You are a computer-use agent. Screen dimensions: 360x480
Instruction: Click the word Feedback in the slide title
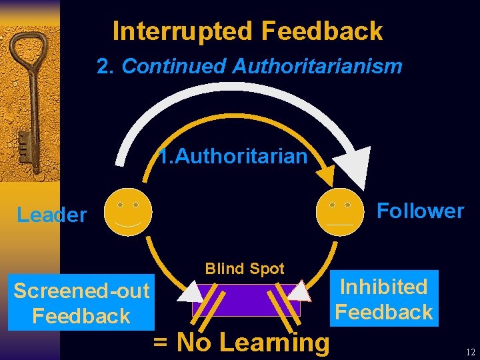coord(322,31)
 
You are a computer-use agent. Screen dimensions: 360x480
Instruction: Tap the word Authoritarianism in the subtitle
coord(317,66)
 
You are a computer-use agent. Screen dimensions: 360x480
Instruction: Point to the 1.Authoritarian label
coord(233,156)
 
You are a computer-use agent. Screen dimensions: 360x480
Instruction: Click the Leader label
coord(52,215)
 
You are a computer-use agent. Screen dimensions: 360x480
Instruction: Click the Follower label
coord(420,211)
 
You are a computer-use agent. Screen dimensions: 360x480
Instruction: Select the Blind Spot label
coord(245,269)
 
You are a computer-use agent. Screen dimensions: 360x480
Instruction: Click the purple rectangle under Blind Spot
coord(246,300)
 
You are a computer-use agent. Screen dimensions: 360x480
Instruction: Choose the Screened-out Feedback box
coord(81,303)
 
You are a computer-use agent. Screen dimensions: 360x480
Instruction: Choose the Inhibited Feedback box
coord(384,299)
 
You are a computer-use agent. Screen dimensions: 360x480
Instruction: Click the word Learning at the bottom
coord(274,342)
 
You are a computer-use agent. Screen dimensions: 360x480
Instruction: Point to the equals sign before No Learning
coord(161,343)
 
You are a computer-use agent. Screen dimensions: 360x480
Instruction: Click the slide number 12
coord(470,352)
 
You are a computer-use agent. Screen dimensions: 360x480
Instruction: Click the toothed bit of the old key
coord(24,144)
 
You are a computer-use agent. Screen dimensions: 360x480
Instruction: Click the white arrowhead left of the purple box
coord(191,292)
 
